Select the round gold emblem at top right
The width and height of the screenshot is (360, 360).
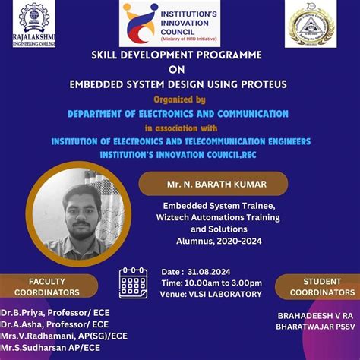[310, 24]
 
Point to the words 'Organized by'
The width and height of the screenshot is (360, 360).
[179, 99]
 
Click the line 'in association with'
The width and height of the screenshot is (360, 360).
[181, 128]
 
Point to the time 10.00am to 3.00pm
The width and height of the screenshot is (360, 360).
[211, 283]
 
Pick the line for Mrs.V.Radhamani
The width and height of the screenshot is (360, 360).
[64, 335]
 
